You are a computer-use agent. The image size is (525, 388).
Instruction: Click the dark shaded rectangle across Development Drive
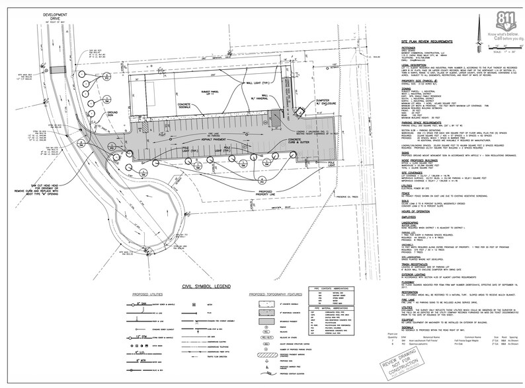click(58, 69)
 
